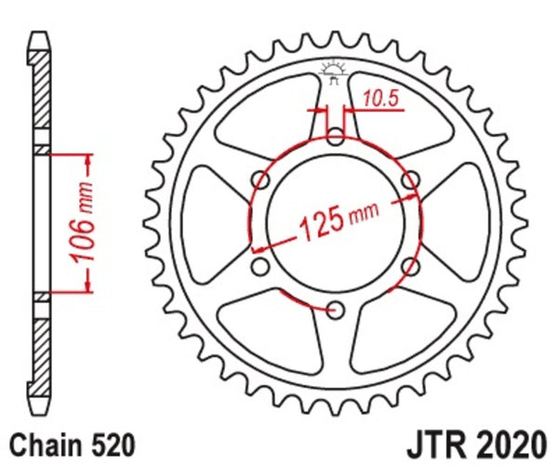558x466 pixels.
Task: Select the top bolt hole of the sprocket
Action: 336,138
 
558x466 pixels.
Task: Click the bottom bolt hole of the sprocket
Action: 336,309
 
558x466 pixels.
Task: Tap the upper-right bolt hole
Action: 410,180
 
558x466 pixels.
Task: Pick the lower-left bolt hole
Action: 261,267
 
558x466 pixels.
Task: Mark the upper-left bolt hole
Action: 261,180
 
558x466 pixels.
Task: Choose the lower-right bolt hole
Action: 410,267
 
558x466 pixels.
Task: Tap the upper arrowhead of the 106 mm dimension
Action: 86,158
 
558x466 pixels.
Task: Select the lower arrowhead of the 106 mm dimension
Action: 86,286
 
